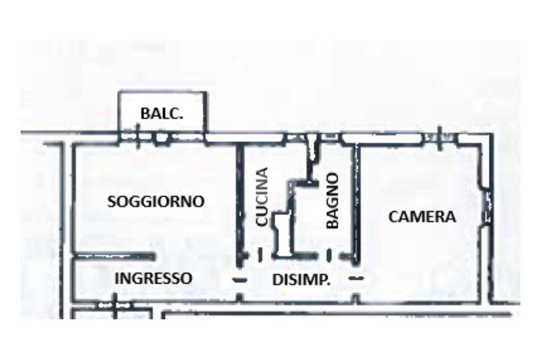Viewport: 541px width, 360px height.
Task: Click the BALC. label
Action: [162, 113]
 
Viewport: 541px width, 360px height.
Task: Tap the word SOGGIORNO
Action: [156, 201]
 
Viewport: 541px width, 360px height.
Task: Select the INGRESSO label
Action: [153, 278]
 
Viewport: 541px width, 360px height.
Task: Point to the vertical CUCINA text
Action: [262, 197]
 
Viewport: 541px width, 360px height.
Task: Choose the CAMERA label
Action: [422, 217]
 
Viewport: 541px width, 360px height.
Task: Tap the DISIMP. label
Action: [301, 280]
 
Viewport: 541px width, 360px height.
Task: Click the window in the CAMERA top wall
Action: [439, 138]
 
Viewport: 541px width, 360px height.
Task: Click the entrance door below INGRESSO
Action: [114, 305]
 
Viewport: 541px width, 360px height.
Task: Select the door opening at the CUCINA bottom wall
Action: [260, 255]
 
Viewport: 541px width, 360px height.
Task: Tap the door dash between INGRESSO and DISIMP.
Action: [240, 279]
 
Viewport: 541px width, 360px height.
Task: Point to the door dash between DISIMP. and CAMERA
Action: [357, 277]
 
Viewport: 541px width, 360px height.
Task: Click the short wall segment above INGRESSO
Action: [114, 257]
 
